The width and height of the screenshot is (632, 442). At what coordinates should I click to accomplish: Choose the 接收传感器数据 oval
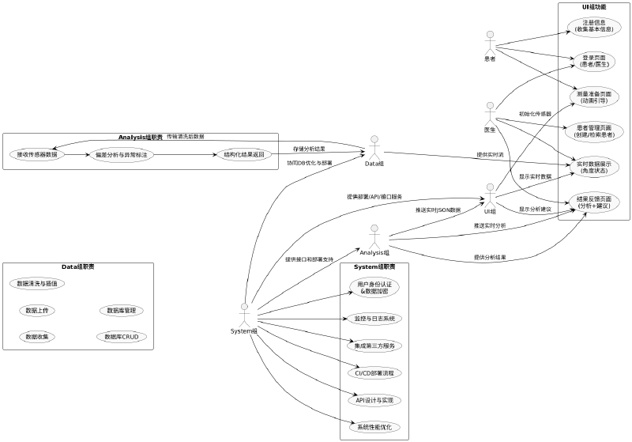click(37, 154)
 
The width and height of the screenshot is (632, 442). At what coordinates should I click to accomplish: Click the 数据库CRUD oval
click(121, 337)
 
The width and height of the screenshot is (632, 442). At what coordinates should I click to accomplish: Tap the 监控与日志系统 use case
click(374, 319)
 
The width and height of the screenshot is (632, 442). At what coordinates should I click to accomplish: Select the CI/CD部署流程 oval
click(374, 372)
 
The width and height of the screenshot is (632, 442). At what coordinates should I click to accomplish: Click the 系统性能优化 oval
click(374, 427)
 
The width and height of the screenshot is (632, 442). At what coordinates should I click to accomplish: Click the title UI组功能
click(593, 7)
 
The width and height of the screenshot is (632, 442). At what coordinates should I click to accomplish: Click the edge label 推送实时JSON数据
click(438, 210)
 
